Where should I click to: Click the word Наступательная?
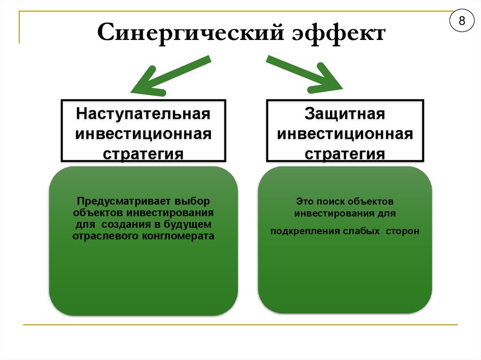click(x=143, y=115)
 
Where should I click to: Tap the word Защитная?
click(x=345, y=115)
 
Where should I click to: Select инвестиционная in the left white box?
click(x=143, y=134)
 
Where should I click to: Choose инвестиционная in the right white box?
click(x=345, y=134)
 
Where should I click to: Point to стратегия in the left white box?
click(x=143, y=154)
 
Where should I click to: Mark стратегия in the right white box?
click(x=345, y=154)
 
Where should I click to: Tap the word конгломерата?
click(x=181, y=236)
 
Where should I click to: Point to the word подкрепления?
click(x=302, y=231)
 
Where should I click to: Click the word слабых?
click(x=359, y=231)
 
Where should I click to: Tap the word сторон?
click(x=403, y=231)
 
